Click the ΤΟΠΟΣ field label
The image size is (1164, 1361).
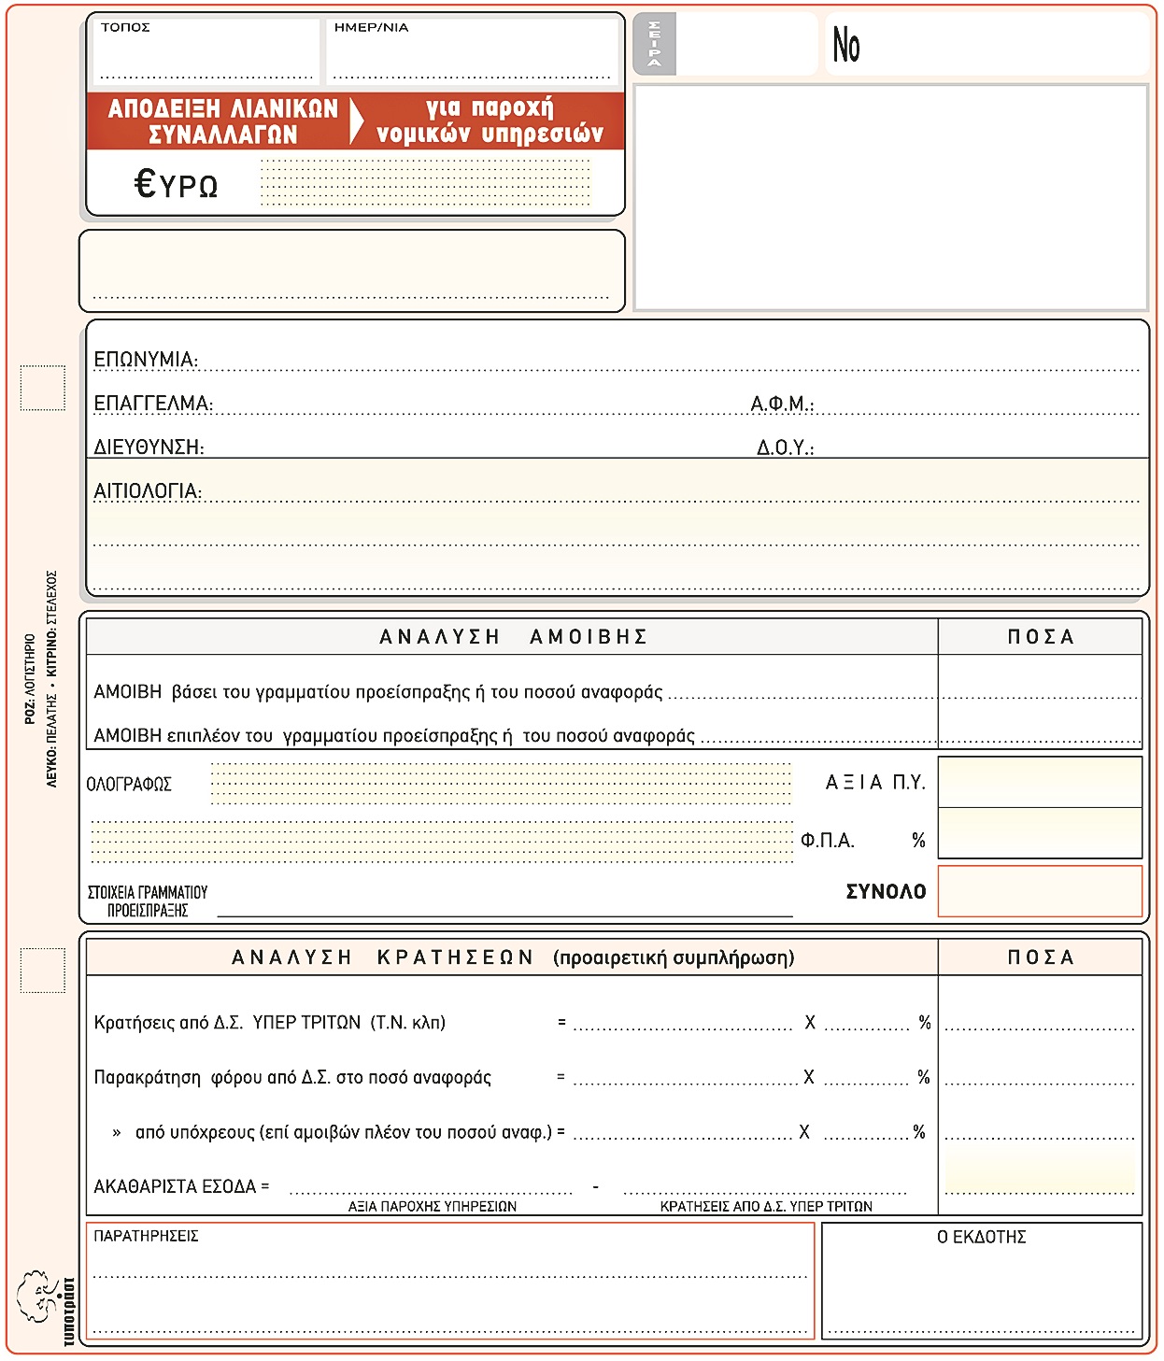pos(125,27)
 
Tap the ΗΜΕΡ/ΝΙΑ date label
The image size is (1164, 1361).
pos(371,27)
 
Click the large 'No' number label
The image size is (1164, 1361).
pos(846,45)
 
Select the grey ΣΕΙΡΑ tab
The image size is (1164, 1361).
pos(654,44)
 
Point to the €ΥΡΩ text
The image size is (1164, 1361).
pos(177,184)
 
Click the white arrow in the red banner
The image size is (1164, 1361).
pos(356,121)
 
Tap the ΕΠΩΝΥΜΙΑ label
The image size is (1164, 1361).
pos(145,360)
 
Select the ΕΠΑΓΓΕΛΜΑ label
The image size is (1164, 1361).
pos(153,404)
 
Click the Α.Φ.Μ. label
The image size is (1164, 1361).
pos(782,404)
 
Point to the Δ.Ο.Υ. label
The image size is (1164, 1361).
pos(785,447)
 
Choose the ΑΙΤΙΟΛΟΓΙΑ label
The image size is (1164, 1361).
pos(147,491)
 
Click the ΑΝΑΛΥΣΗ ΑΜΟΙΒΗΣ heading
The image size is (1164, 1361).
pos(513,637)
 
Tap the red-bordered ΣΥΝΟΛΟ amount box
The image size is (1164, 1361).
pos(1040,891)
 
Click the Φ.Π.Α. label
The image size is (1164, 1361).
pos(828,841)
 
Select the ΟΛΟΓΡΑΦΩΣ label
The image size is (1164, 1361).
pos(129,785)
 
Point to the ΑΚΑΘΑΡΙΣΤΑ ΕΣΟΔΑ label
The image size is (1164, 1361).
pos(181,1186)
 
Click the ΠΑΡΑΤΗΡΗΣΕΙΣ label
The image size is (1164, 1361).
pos(146,1236)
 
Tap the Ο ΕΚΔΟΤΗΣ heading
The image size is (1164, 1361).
pos(981,1237)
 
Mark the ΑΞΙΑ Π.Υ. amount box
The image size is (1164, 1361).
pos(1040,782)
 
